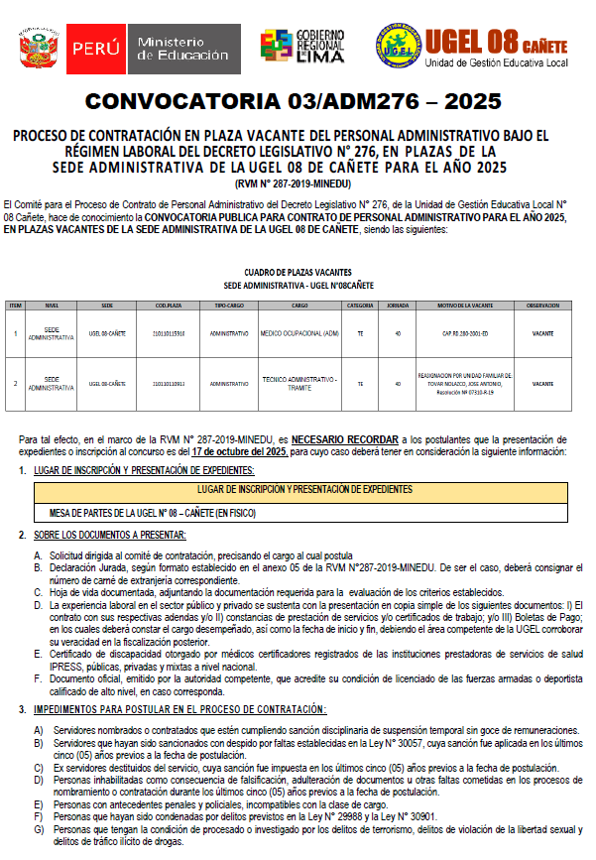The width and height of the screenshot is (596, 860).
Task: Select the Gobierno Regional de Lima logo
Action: click(x=302, y=46)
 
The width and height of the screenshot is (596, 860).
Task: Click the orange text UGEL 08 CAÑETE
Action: click(x=496, y=41)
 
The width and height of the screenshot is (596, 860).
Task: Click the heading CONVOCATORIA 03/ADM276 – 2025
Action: click(x=298, y=102)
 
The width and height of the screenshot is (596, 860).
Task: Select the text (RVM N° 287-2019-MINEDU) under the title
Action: click(x=298, y=184)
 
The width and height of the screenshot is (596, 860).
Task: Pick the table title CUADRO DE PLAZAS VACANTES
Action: click(x=298, y=272)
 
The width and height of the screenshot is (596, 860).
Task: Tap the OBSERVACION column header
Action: click(x=542, y=306)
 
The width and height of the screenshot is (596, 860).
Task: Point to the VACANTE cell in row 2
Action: click(x=542, y=383)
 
